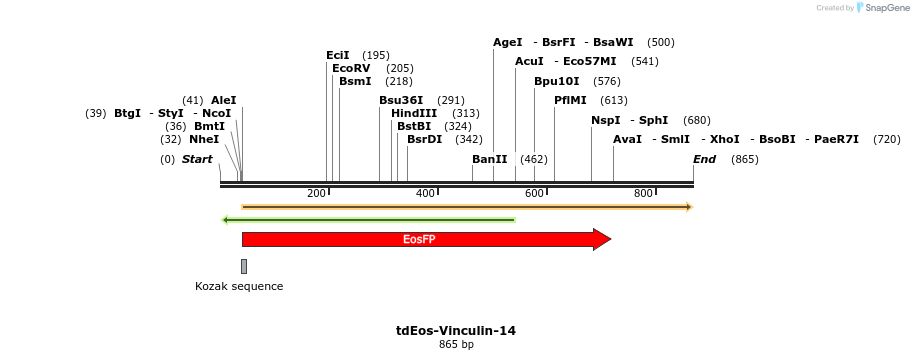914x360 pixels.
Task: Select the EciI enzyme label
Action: (x=338, y=55)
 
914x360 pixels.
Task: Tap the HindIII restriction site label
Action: (x=414, y=113)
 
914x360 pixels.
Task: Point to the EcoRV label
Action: (x=351, y=68)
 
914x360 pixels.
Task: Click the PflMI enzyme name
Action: (x=570, y=100)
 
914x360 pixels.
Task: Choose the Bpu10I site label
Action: (x=556, y=81)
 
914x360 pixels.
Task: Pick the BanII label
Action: (x=490, y=159)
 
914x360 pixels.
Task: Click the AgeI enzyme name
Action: (x=508, y=42)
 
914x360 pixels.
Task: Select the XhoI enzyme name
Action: (x=725, y=139)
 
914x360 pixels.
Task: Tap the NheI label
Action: (x=204, y=139)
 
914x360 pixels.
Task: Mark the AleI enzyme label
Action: (x=224, y=100)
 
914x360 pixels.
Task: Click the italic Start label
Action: (x=197, y=159)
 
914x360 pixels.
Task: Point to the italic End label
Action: (x=705, y=159)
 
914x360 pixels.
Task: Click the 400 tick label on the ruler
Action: (x=425, y=193)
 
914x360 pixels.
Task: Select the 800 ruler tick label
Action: (x=643, y=193)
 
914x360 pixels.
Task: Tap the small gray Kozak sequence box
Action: (x=244, y=266)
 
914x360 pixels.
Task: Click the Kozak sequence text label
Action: (x=239, y=286)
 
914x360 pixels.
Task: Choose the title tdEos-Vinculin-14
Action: (x=456, y=330)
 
